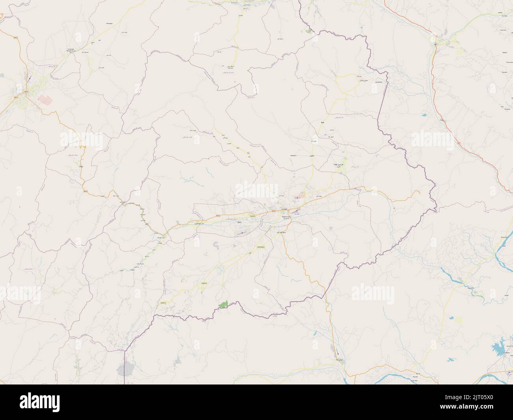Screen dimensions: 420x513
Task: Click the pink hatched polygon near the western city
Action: pos(45,100)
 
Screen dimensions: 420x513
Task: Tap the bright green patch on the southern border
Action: pos(224,304)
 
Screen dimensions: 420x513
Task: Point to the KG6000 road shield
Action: pos(253,216)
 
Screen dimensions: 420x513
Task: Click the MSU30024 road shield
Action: pos(261,247)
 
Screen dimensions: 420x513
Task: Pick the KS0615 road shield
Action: pos(204,283)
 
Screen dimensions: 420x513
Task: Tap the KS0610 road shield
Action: pos(163,302)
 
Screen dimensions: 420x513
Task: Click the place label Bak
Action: pos(323,123)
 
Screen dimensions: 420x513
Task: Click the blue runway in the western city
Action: pos(29,78)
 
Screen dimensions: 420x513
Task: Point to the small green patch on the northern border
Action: pos(308,30)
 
